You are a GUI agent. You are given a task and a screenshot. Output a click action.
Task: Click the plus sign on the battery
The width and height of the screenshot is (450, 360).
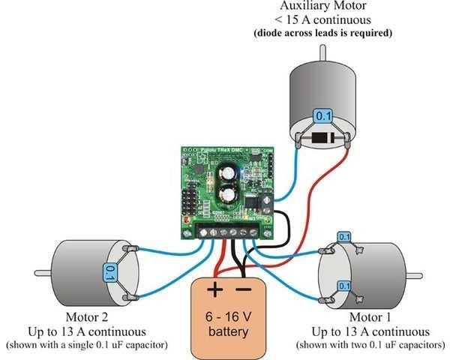[215, 289]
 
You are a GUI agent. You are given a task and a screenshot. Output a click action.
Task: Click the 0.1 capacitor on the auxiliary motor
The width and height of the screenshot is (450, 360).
[322, 116]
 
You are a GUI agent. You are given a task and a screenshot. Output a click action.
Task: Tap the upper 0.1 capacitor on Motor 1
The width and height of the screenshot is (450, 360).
[344, 237]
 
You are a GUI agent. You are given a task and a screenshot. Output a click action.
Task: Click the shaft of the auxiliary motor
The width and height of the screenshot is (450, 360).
[322, 52]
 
